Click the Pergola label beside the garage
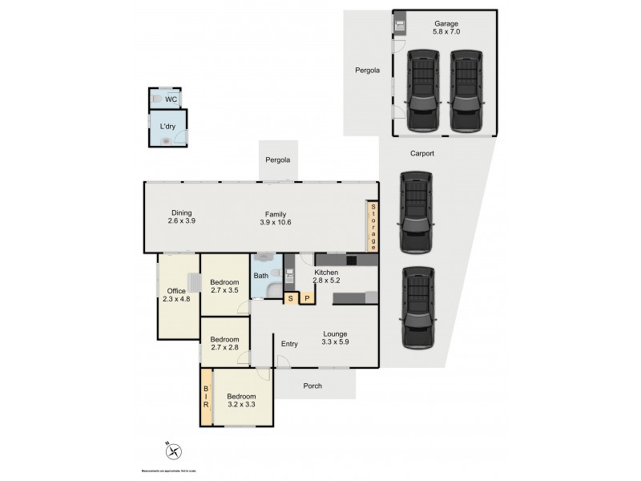[367, 71]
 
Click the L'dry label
[167, 127]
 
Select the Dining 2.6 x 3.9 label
[181, 216]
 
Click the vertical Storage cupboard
[373, 226]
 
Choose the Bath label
[261, 276]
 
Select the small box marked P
[306, 298]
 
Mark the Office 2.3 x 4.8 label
[175, 295]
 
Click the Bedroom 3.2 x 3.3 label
[241, 401]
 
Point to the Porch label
[312, 386]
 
